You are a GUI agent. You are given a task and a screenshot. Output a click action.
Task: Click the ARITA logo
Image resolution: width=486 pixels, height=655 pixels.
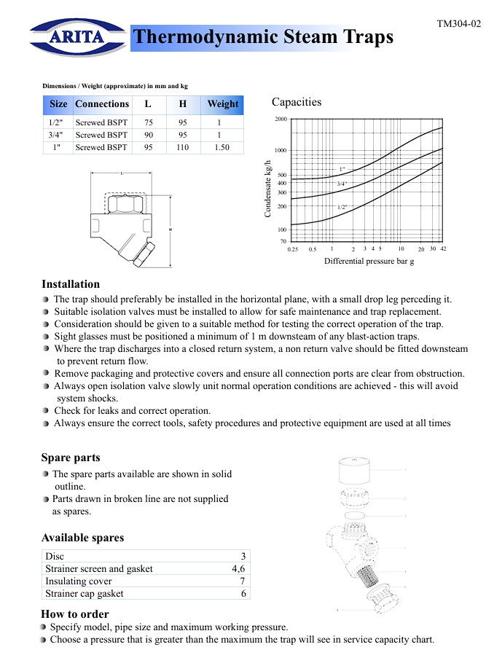[77, 36]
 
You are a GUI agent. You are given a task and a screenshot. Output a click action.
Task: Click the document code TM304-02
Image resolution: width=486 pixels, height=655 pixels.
[458, 24]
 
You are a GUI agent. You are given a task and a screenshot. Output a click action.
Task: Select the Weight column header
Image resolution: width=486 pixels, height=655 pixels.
[222, 104]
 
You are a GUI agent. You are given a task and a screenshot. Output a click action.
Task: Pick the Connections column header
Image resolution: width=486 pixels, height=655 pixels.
[102, 104]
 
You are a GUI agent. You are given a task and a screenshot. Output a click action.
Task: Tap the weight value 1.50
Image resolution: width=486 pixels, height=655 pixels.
[222, 147]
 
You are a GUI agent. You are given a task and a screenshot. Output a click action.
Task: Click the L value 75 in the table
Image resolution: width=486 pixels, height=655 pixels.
[149, 122]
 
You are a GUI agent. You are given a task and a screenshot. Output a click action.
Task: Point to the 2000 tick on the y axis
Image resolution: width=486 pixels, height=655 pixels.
[281, 119]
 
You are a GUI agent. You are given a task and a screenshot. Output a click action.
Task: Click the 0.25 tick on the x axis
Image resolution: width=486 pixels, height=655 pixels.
[293, 249]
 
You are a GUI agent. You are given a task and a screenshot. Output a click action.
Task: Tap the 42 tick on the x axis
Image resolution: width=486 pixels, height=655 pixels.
[442, 249]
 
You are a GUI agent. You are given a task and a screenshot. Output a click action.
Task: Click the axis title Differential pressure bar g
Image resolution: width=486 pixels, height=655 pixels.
[369, 261]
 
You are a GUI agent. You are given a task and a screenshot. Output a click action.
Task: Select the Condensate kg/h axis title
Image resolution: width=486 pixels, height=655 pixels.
[267, 189]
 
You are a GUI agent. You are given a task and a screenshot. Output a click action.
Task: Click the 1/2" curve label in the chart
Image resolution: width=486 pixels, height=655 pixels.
[342, 208]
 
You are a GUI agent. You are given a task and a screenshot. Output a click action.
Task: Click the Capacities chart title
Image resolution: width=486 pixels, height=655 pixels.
[297, 102]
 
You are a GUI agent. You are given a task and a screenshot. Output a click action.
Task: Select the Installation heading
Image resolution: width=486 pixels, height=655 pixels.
[71, 284]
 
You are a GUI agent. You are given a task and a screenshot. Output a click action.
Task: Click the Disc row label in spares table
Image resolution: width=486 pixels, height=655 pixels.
[55, 557]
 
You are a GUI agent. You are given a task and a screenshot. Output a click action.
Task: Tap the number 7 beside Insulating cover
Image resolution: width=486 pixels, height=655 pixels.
[243, 581]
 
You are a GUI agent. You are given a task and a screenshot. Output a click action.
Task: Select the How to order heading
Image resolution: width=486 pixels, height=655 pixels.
[75, 614]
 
